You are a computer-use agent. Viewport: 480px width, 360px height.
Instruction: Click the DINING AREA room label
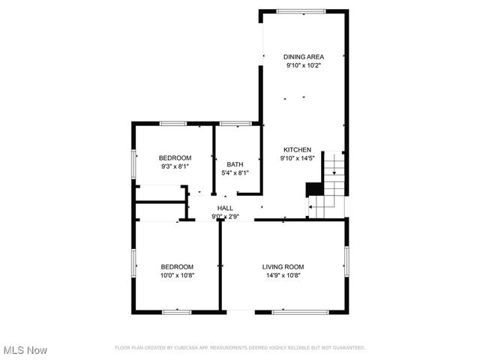tap(304, 56)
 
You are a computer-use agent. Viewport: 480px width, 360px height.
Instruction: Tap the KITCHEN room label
tap(296, 149)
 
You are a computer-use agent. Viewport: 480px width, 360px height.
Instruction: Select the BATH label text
tap(235, 164)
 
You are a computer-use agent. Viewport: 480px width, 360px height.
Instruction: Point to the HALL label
tap(225, 208)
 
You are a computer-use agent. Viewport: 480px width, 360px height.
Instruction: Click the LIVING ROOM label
tap(283, 266)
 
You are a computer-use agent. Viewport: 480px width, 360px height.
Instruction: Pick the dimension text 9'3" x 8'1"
tap(175, 166)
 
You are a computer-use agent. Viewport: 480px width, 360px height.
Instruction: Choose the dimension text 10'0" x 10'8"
tap(177, 275)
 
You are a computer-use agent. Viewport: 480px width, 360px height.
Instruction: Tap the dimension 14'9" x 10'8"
tap(283, 275)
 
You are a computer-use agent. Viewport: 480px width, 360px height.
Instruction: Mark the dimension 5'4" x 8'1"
tap(235, 173)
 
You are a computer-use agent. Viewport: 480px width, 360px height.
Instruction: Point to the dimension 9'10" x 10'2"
tap(304, 65)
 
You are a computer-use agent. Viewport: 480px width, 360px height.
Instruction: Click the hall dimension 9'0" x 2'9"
tap(225, 217)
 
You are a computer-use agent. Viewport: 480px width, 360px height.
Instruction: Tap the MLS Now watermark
tap(25, 350)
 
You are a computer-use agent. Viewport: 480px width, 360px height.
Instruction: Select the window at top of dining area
tap(301, 10)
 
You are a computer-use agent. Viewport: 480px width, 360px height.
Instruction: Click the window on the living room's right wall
tap(346, 262)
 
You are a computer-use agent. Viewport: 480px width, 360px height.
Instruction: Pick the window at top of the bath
tap(235, 123)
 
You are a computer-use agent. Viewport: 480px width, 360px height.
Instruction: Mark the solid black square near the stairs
tap(314, 189)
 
